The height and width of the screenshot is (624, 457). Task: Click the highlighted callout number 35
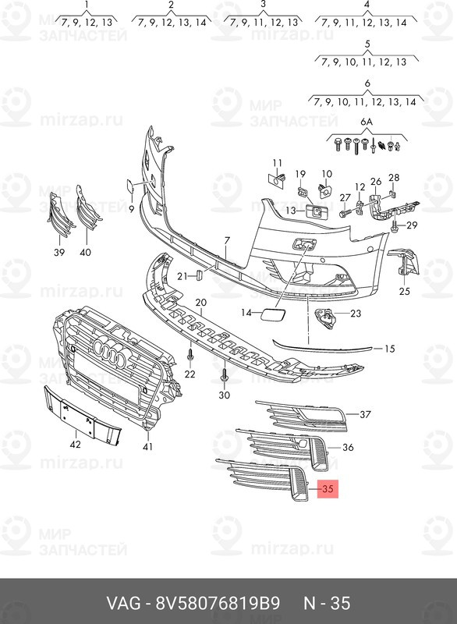pyautogui.click(x=328, y=488)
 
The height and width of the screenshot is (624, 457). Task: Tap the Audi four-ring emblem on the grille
pyautogui.click(x=111, y=350)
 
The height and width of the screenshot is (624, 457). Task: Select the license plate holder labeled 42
pyautogui.click(x=82, y=414)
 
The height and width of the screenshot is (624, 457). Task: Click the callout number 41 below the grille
pyautogui.click(x=147, y=446)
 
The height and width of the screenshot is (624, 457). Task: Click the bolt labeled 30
pyautogui.click(x=225, y=375)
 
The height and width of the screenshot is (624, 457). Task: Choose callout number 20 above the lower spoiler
pyautogui.click(x=201, y=303)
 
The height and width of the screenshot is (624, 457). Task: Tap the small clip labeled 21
pyautogui.click(x=199, y=275)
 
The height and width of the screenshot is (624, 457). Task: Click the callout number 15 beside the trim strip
pyautogui.click(x=390, y=349)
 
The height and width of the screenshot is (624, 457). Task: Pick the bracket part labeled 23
pyautogui.click(x=325, y=318)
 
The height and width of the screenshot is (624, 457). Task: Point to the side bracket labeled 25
pyautogui.click(x=404, y=263)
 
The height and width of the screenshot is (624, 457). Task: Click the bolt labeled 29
pyautogui.click(x=395, y=226)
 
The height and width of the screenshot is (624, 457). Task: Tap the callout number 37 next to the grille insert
pyautogui.click(x=365, y=414)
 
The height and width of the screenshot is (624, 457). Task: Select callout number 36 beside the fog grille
pyautogui.click(x=348, y=447)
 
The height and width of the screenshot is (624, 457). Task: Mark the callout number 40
pyautogui.click(x=85, y=252)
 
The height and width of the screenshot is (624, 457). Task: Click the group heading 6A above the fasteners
pyautogui.click(x=367, y=122)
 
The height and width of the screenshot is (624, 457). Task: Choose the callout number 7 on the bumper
pyautogui.click(x=227, y=240)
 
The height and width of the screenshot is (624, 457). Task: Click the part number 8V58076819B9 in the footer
pyautogui.click(x=217, y=604)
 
